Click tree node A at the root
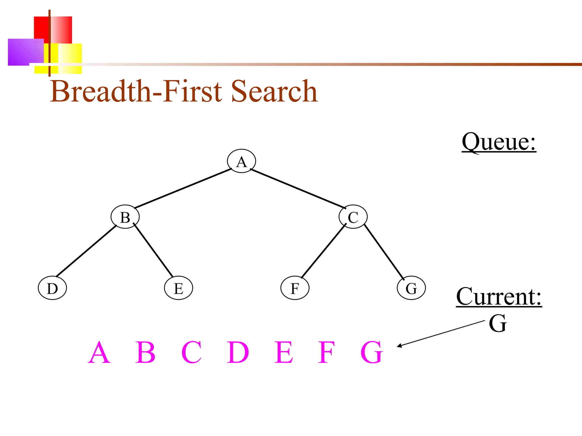pyautogui.click(x=241, y=161)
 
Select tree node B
pyautogui.click(x=125, y=217)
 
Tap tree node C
pyautogui.click(x=353, y=217)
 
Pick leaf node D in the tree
pyautogui.click(x=52, y=288)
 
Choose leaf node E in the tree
pyautogui.click(x=178, y=288)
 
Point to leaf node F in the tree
pyautogui.click(x=295, y=288)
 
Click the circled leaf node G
pyautogui.click(x=411, y=288)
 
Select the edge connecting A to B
pyautogui.click(x=183, y=188)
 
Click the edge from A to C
pyautogui.click(x=298, y=188)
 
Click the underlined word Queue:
pyautogui.click(x=499, y=142)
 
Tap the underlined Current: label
pyautogui.click(x=499, y=297)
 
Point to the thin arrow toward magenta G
pyautogui.click(x=440, y=334)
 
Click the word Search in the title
pyautogui.click(x=274, y=91)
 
